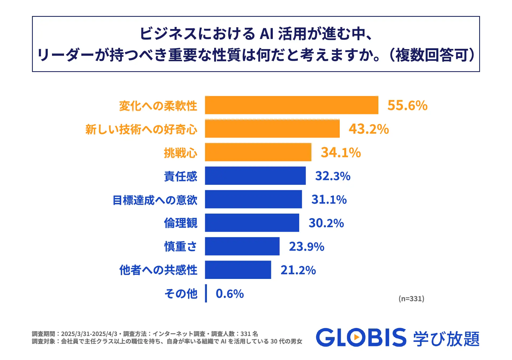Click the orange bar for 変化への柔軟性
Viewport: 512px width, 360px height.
tap(291, 105)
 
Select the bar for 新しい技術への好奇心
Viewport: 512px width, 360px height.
tap(272, 129)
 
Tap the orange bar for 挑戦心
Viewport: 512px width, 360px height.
tap(258, 152)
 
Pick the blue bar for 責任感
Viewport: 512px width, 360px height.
tap(255, 176)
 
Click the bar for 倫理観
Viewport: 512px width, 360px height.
tap(252, 223)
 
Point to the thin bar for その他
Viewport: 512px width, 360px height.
tap(206, 293)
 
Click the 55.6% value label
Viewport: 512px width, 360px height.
tap(407, 105)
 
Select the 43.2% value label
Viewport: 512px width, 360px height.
tap(369, 129)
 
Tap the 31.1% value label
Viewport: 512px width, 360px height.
tap(329, 199)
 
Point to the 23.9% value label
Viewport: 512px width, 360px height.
tap(306, 246)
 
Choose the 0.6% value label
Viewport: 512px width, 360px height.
tap(230, 294)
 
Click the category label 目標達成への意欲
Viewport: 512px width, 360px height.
tap(155, 200)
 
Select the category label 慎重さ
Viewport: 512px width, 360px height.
tap(181, 246)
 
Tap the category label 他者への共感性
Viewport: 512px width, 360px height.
tap(158, 270)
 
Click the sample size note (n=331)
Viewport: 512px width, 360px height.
tap(411, 298)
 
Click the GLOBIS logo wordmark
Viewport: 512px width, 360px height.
tap(361, 338)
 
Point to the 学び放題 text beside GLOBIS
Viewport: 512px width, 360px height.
tap(446, 339)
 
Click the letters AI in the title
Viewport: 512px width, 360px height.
tap(267, 34)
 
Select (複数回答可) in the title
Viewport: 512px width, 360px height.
tap(432, 55)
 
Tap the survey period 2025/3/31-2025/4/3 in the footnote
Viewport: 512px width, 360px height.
tap(89, 334)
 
